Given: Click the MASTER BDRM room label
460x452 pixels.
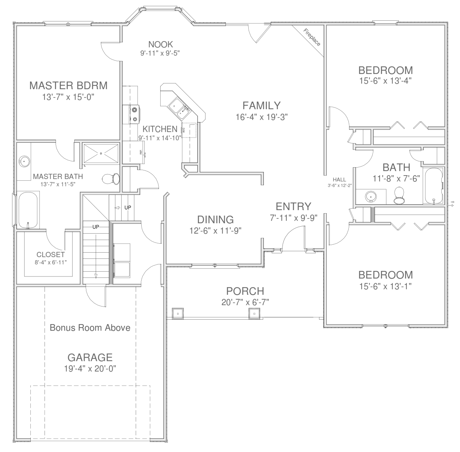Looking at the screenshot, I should pyautogui.click(x=68, y=85).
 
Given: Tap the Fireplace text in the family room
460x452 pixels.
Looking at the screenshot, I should pyautogui.click(x=312, y=37).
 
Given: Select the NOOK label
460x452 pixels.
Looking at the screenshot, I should pyautogui.click(x=160, y=44).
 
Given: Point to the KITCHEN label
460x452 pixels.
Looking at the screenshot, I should pyautogui.click(x=160, y=129).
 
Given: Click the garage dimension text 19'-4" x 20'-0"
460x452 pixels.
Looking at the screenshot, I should pyautogui.click(x=90, y=369).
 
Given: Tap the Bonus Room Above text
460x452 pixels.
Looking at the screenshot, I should pyautogui.click(x=90, y=328).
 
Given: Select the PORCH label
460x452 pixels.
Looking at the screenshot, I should pyautogui.click(x=245, y=291).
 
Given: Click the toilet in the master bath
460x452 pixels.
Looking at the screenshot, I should pyautogui.click(x=111, y=179).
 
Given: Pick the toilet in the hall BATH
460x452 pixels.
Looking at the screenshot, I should pyautogui.click(x=399, y=195).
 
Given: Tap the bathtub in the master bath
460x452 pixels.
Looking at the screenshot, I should pyautogui.click(x=28, y=210).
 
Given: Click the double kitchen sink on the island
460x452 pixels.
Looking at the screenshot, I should pyautogui.click(x=180, y=107).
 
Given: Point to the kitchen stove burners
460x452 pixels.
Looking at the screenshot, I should pyautogui.click(x=134, y=114).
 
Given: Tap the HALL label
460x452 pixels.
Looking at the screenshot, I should pyautogui.click(x=339, y=180).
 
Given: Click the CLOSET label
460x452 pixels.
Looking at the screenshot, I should pyautogui.click(x=50, y=255).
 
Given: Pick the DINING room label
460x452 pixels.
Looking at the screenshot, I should pyautogui.click(x=215, y=219).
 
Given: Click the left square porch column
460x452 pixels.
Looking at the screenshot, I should pyautogui.click(x=178, y=313).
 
